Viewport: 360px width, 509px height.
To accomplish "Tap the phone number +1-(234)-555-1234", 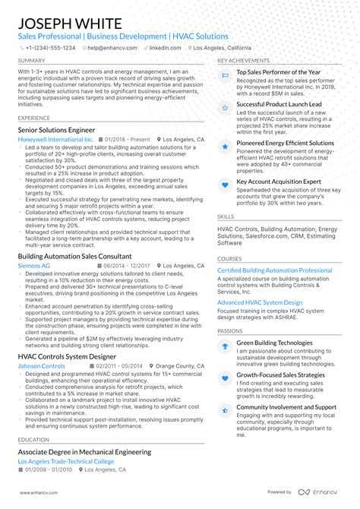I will [x=49, y=47].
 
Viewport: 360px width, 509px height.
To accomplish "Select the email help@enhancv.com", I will [x=113, y=47].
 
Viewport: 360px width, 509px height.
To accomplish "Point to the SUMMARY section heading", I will [x=31, y=60].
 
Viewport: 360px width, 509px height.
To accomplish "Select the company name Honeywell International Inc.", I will [x=55, y=140].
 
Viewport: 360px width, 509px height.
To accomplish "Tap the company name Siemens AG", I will [x=34, y=266].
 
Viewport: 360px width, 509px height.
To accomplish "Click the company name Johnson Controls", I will [x=41, y=366].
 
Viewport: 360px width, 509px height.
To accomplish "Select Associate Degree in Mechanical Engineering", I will [x=84, y=451].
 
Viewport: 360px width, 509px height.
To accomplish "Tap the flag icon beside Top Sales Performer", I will [x=225, y=75].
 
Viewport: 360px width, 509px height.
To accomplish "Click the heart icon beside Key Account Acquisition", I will [x=225, y=184].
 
